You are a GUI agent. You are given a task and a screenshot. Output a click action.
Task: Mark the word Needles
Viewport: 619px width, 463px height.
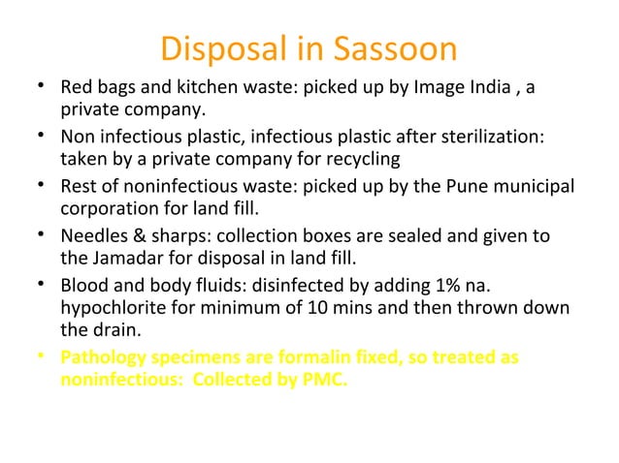(95, 237)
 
